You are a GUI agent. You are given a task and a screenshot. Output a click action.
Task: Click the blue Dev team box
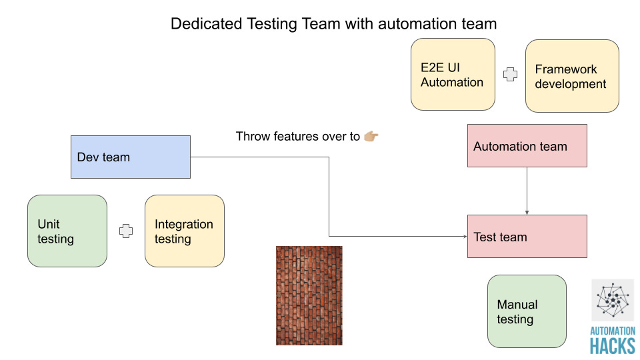[x=131, y=157]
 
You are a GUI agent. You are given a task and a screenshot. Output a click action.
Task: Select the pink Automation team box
[x=527, y=145]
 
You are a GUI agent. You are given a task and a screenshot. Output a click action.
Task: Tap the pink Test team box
[x=527, y=236]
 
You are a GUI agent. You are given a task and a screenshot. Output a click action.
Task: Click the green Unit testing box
[x=67, y=231]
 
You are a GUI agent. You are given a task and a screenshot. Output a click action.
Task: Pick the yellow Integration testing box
[x=185, y=231]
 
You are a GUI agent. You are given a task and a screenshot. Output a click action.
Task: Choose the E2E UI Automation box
[x=453, y=74]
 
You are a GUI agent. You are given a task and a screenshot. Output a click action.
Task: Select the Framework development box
[x=572, y=75]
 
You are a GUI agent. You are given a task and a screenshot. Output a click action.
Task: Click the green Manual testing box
[x=527, y=311]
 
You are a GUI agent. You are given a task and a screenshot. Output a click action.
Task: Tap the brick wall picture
[x=309, y=295]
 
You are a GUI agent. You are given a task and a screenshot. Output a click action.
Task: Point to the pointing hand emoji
[x=371, y=137]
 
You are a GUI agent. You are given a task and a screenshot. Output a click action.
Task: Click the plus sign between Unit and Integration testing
[x=126, y=231]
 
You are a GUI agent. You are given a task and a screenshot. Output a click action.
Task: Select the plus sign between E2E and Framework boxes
[x=510, y=75]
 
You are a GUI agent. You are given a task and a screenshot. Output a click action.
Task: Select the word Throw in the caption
[x=252, y=137]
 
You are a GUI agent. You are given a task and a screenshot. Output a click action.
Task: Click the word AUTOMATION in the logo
[x=613, y=331]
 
